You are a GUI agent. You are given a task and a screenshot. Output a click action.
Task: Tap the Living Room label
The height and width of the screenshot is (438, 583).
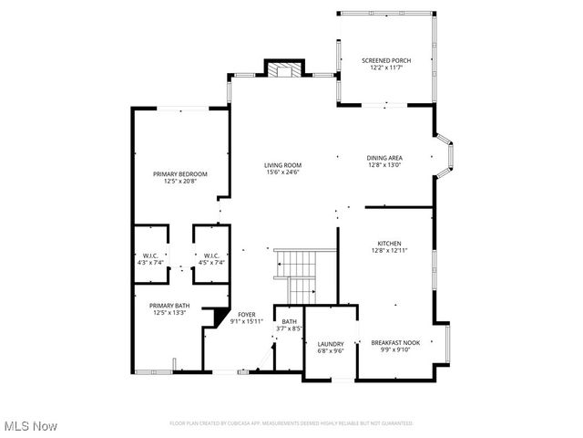click(x=283, y=164)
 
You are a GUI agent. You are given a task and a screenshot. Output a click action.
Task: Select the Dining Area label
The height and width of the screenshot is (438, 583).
click(x=384, y=157)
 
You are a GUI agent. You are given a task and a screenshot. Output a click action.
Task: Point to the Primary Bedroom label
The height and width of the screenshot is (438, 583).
click(x=179, y=173)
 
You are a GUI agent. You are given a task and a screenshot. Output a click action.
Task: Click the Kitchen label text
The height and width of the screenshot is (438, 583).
click(x=390, y=244)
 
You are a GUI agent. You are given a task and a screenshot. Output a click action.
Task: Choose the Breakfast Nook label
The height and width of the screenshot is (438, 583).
click(x=391, y=342)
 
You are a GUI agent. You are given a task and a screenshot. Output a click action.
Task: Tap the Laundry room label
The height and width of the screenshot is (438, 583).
click(x=324, y=344)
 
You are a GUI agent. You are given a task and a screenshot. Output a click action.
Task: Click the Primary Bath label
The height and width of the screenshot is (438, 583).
click(x=169, y=306)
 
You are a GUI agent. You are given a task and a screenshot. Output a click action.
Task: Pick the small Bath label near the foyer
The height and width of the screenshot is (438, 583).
click(x=289, y=321)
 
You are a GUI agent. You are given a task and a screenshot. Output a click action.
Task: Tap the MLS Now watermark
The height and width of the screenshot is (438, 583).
click(x=30, y=426)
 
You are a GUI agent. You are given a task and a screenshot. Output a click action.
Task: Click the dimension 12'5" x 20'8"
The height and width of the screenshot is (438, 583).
click(x=179, y=181)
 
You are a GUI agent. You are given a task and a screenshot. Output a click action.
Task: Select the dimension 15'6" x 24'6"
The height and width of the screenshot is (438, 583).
click(x=283, y=172)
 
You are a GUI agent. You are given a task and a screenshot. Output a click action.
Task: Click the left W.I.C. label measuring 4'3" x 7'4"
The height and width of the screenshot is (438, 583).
click(x=149, y=258)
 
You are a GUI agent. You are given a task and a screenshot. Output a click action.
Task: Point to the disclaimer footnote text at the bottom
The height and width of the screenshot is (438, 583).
click(x=291, y=423)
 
